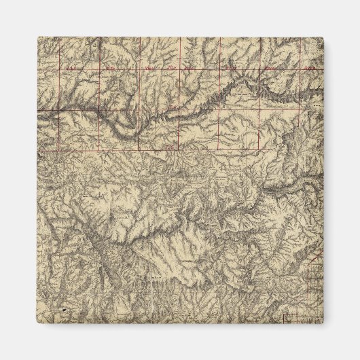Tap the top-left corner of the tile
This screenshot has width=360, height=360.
37,37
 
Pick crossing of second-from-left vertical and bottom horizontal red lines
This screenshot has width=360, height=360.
100,149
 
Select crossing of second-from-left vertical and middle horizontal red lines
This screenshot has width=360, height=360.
100,109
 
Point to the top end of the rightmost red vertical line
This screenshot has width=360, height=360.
300,38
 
